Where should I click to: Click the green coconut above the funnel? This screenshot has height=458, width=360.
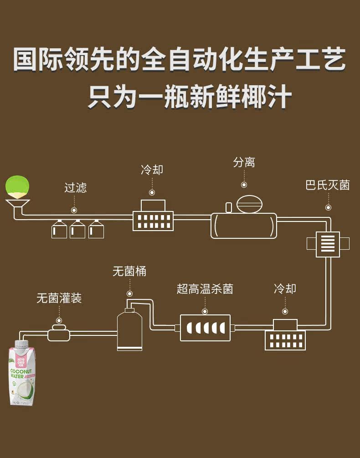(17, 186)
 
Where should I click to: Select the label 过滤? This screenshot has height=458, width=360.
(75, 187)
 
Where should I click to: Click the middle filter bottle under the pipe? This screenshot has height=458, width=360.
(77, 229)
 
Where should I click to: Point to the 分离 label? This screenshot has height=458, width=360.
(244, 162)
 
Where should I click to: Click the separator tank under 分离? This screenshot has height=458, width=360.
(244, 226)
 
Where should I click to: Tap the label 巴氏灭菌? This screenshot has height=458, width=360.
(328, 185)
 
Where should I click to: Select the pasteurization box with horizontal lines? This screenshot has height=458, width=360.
(328, 244)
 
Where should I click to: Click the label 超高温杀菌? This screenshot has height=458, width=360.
(205, 289)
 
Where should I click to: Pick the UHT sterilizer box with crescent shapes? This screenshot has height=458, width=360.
(205, 328)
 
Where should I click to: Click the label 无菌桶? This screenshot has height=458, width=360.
(129, 271)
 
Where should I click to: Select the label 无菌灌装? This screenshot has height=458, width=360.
(59, 298)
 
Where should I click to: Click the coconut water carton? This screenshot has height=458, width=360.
(21, 373)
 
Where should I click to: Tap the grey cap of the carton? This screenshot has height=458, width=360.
(21, 345)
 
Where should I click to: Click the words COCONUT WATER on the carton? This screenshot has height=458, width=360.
(21, 374)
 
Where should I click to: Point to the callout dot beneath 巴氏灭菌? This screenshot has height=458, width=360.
(328, 208)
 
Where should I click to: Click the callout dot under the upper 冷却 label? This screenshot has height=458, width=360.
(152, 192)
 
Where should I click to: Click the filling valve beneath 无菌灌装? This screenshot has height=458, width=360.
(59, 333)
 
